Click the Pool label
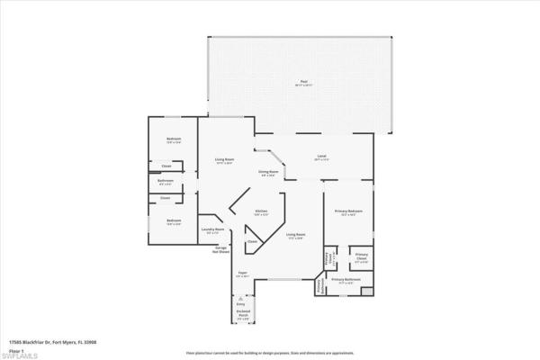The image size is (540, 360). (x=301, y=83)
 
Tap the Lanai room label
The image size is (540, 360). (x=320, y=157)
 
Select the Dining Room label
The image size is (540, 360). (x=267, y=172)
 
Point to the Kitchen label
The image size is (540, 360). (x=260, y=212)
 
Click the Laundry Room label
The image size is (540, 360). (x=212, y=230)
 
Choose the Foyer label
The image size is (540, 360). (x=242, y=274)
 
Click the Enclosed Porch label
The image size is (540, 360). (x=243, y=315)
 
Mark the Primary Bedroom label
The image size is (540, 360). (x=348, y=212)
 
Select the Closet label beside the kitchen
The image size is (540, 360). (x=253, y=241)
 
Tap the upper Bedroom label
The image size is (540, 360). (x=175, y=140)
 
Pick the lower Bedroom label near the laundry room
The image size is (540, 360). (x=175, y=221)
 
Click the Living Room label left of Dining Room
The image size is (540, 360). (x=224, y=161)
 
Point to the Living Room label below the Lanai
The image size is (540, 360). (x=295, y=236)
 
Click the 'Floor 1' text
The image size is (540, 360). (x=15, y=348)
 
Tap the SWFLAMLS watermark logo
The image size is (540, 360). (x=22, y=355)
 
